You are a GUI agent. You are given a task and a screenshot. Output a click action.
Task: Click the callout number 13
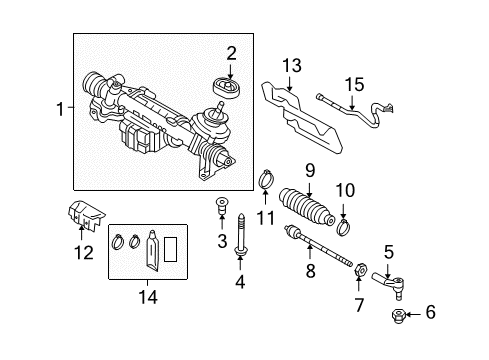tap(292, 66)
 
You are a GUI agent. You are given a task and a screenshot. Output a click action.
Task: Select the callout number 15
tap(354, 85)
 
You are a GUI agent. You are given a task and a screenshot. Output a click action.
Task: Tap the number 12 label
tap(84, 253)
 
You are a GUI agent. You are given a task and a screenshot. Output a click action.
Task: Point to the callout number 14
tap(148, 297)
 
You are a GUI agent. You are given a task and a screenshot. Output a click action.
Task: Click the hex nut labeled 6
tap(398, 316)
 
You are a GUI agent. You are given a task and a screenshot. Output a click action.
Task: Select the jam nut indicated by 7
tap(361, 269)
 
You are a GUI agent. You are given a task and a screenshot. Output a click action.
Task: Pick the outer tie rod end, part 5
tap(389, 284)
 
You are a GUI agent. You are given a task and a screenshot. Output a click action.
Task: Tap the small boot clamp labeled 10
tap(344, 226)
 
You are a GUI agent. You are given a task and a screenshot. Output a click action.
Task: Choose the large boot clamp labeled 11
tap(266, 179)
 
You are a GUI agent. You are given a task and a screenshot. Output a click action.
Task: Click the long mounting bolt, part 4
tap(240, 236)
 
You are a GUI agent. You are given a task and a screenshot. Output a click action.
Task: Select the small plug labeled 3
tap(221, 206)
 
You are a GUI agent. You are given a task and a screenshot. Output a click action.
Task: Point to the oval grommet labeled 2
tap(227, 87)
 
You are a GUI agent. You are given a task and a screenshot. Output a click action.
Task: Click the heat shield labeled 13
tap(302, 118)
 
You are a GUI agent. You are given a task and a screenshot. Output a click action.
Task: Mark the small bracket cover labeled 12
tap(87, 214)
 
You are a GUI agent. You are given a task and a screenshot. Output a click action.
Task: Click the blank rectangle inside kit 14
tap(170, 249)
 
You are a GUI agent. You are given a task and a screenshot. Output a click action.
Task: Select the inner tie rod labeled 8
tap(318, 246)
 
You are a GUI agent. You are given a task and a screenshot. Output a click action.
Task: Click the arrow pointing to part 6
tap(413, 314)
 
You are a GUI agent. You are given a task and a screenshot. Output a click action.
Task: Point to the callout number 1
tap(60, 109)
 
